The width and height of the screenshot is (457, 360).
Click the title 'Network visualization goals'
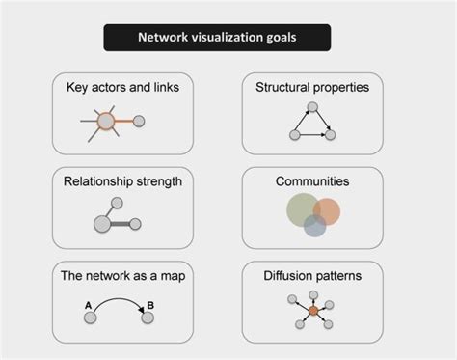(x=218, y=40)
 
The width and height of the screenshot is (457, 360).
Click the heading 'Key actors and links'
(x=123, y=88)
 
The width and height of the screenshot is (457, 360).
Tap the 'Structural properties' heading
(x=312, y=88)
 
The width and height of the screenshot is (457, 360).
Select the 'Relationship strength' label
(x=122, y=180)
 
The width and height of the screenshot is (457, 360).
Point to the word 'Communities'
(x=312, y=180)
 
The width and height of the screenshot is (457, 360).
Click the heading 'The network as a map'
(x=122, y=275)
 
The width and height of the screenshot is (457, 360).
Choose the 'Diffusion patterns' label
(x=312, y=275)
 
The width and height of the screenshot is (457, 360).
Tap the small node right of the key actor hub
(x=139, y=122)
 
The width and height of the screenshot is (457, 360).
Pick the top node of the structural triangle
(x=310, y=105)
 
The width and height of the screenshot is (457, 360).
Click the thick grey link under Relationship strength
(x=120, y=224)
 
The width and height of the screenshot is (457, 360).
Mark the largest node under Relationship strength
(x=102, y=224)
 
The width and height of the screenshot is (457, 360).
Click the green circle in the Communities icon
(x=303, y=208)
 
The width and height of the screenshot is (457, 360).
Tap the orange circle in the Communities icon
(x=327, y=211)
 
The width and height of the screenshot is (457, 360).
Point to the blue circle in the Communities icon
(x=315, y=226)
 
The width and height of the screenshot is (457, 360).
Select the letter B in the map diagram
(x=149, y=307)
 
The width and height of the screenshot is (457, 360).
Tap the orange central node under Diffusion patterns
(x=311, y=312)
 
